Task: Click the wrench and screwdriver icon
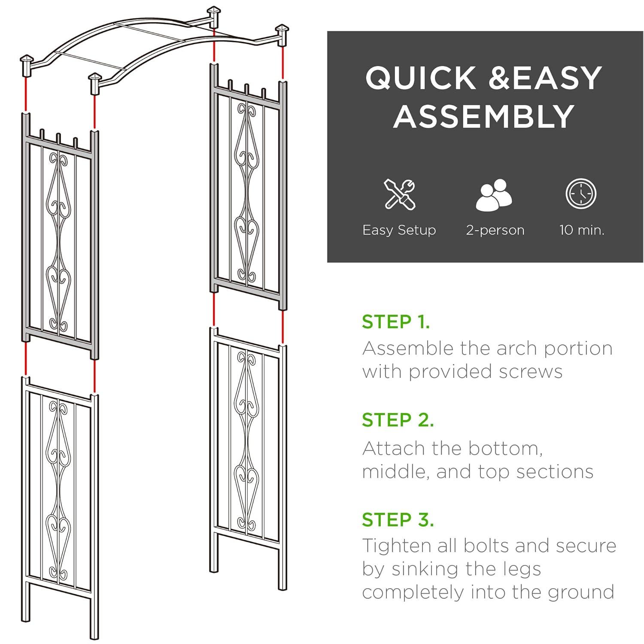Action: (x=399, y=194)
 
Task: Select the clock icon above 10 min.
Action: (x=581, y=194)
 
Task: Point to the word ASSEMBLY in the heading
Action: (x=484, y=116)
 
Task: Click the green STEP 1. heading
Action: (x=395, y=322)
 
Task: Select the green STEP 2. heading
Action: (x=398, y=420)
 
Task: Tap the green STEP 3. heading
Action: (x=398, y=519)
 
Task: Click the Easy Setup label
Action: (x=399, y=230)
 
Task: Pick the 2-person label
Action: (x=495, y=230)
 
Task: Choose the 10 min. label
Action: (x=582, y=230)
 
